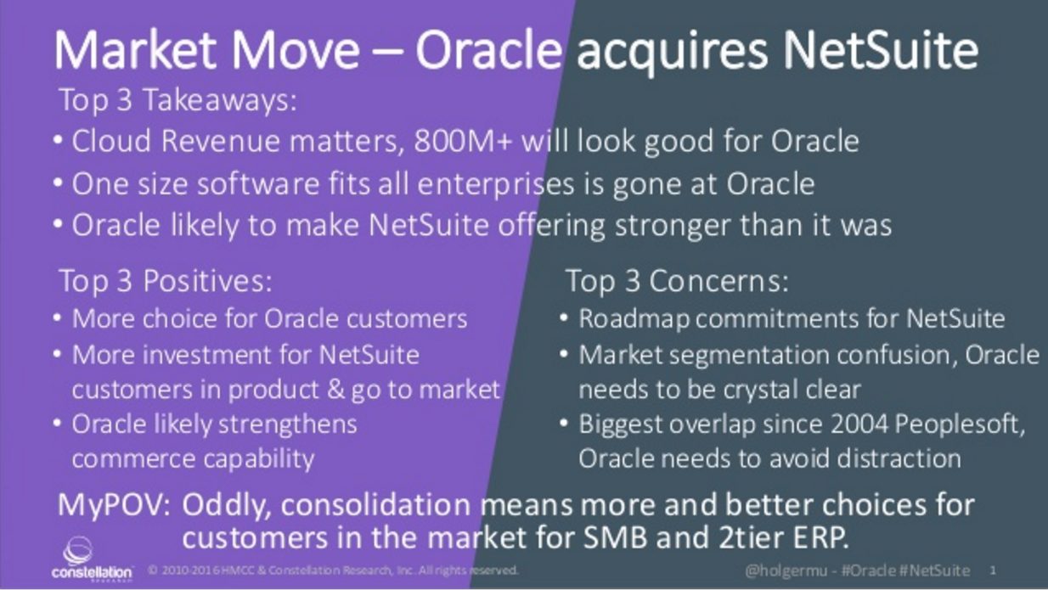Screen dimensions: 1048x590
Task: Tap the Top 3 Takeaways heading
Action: pos(178,99)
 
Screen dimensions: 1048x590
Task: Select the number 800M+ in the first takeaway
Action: pos(463,141)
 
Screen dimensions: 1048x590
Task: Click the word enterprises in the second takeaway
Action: pos(495,185)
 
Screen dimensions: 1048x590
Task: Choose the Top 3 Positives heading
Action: pos(166,281)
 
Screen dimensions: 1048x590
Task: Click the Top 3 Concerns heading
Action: pos(678,281)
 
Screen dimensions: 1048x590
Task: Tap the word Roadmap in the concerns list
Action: pos(634,319)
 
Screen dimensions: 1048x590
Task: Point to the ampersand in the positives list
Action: pos(336,390)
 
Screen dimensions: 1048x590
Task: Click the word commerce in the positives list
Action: pos(132,459)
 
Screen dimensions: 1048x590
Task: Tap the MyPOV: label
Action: pos(114,506)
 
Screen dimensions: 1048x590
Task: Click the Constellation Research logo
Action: pos(92,559)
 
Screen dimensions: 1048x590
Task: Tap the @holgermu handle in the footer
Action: pos(786,570)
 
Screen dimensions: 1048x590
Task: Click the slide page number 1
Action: pos(993,570)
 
